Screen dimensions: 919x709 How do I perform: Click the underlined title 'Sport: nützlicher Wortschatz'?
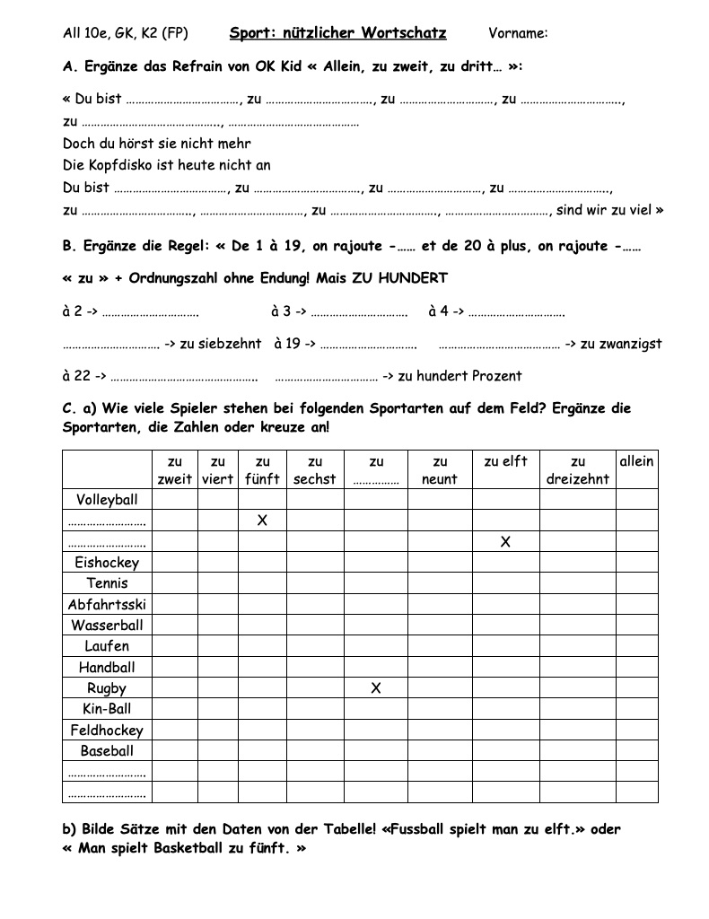[337, 33]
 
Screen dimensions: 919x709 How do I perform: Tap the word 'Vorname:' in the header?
[518, 34]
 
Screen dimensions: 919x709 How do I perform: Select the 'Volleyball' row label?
[107, 499]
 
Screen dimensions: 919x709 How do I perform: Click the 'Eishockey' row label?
[107, 562]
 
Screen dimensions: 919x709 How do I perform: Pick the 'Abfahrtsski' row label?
[107, 604]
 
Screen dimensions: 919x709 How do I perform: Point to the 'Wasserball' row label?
[107, 625]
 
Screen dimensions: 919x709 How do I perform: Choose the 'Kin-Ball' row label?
[107, 709]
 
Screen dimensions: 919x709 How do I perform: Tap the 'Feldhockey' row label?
[107, 731]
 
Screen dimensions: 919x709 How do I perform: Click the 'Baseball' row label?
[107, 751]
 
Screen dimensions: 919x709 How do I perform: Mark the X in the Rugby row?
[376, 688]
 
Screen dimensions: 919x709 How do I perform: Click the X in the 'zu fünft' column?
[262, 521]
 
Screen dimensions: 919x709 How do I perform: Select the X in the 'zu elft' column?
[505, 541]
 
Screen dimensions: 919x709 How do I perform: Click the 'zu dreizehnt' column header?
[577, 470]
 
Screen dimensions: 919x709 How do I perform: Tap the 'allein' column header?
[636, 461]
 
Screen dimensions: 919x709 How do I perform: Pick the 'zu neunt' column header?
[440, 470]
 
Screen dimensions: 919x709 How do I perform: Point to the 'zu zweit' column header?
[175, 470]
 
